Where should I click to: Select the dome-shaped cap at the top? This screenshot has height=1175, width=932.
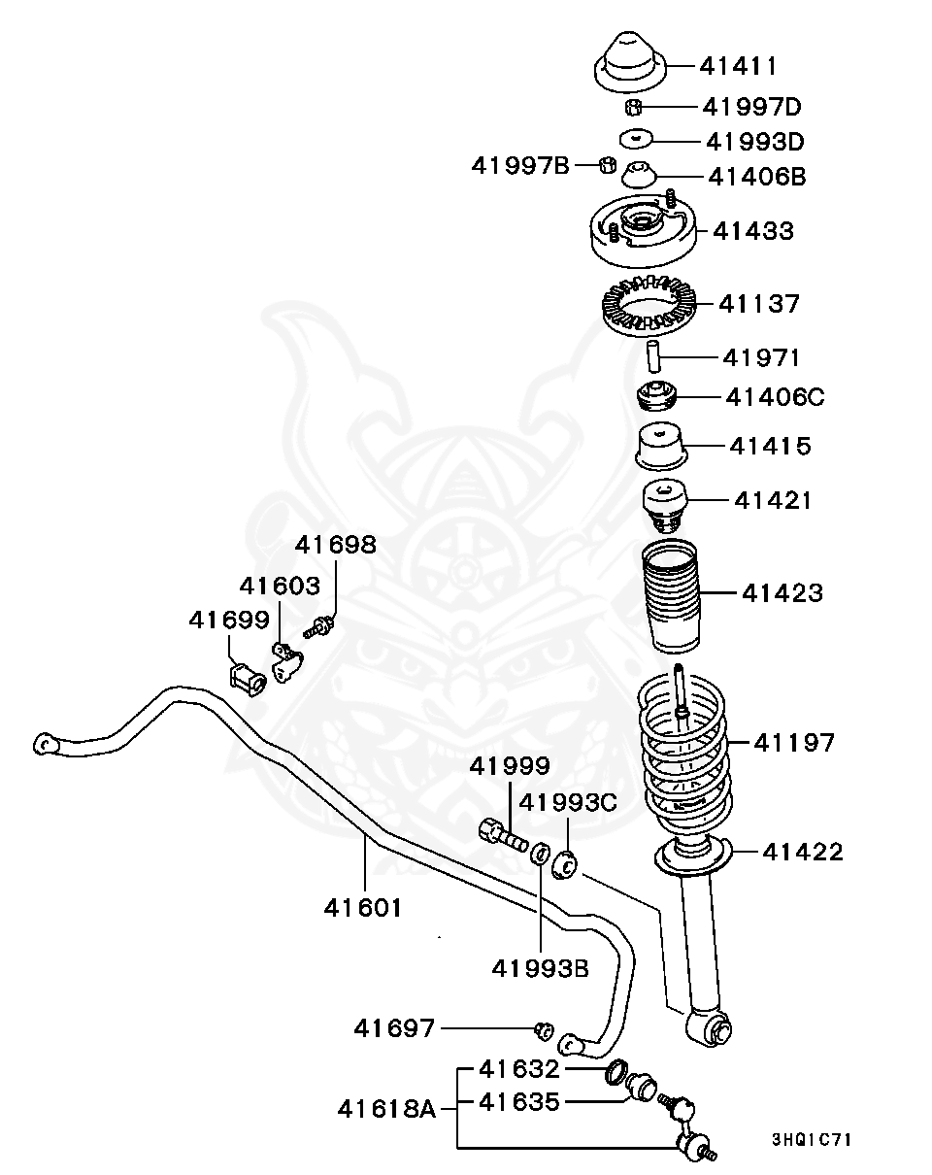[x=628, y=60]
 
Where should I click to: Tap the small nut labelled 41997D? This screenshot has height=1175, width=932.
[x=632, y=106]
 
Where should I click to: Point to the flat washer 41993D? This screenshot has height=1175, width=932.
[x=637, y=140]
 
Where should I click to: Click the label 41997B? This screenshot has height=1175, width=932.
[x=520, y=165]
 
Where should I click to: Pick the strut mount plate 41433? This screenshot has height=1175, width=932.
[x=640, y=237]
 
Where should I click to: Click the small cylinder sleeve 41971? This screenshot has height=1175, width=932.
[x=655, y=357]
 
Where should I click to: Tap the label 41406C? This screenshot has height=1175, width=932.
[x=776, y=397]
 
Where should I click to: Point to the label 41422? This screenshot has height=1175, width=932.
[x=803, y=852]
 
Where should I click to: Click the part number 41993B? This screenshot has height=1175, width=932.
[x=539, y=967]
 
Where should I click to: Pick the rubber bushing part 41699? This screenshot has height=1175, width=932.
[x=248, y=676]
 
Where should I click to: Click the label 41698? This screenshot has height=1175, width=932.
[x=335, y=545]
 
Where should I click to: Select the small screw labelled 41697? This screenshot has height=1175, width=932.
[x=545, y=1028]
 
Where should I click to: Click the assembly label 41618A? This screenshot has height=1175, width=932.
[x=387, y=1107]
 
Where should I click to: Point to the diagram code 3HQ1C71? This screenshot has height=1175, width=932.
[x=811, y=1139]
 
